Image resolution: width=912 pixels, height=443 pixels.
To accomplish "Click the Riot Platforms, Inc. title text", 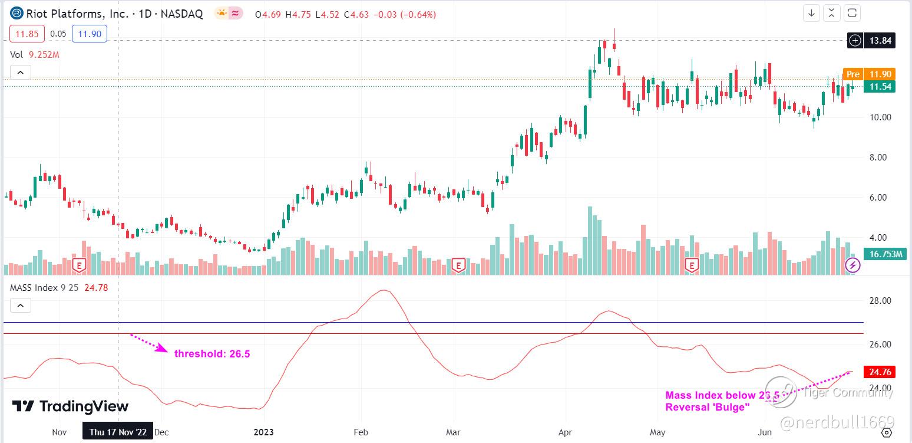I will pos(76,14).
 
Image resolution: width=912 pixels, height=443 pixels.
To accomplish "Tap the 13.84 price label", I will pos(880,40).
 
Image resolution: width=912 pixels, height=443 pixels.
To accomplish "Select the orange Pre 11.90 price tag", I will pos(869,74).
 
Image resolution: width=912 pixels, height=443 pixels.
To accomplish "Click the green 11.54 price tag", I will pos(879,87).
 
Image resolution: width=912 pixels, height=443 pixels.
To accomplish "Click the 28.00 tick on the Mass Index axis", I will pos(881,301).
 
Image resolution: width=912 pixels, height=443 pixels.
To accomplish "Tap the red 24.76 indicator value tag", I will pos(879,372).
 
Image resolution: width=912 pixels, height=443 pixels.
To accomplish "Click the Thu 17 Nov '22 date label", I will pos(118,432).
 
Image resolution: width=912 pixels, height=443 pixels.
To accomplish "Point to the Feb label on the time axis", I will pos(361,432).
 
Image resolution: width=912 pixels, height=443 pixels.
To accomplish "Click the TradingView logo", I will pos(70,406).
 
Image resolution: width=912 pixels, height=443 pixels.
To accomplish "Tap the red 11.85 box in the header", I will pos(27,34).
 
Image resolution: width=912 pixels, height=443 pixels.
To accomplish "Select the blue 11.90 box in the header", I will pos(89,34).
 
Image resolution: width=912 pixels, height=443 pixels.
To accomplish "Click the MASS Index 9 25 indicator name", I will pos(45,288).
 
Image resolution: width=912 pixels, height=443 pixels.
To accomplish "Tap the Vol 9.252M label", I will pos(35,55).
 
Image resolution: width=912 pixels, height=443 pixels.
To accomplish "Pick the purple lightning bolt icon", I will pos(852,265).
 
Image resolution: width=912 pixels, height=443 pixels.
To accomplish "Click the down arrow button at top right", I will pos(811,12).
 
